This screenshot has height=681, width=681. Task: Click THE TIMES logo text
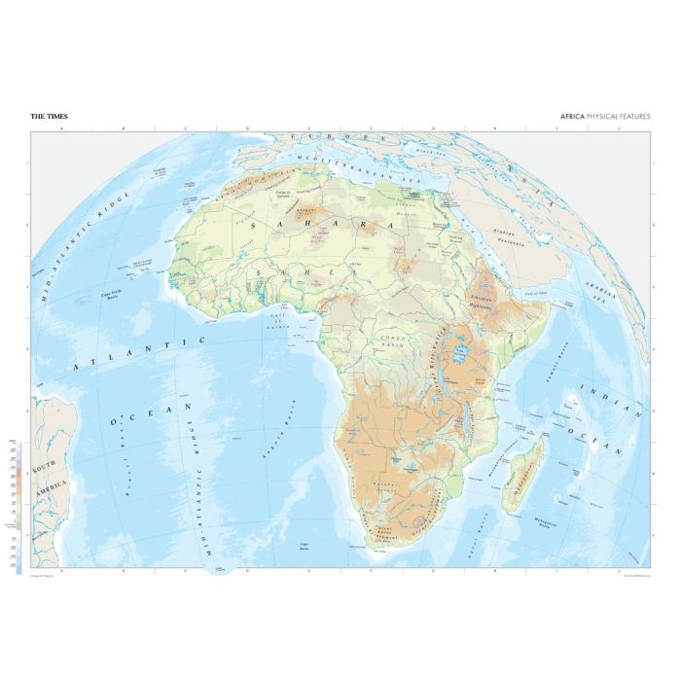49,117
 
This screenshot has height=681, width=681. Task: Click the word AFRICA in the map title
572,117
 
